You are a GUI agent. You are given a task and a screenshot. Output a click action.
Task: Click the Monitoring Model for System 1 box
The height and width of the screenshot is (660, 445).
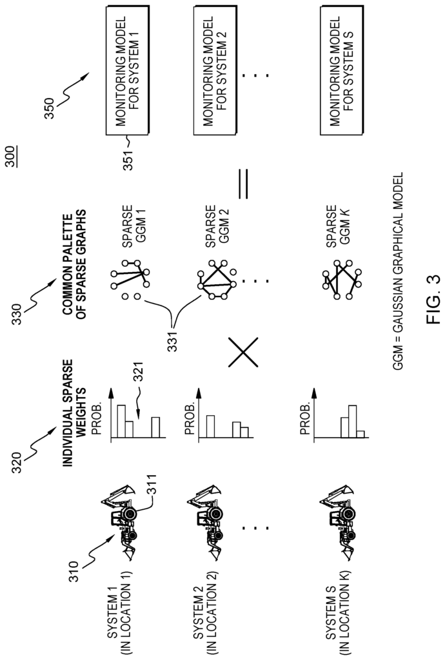click(127, 71)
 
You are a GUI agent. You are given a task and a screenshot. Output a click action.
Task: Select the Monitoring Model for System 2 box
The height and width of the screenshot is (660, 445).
click(215, 71)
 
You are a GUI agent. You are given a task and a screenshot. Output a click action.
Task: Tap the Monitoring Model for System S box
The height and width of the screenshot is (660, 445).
click(341, 71)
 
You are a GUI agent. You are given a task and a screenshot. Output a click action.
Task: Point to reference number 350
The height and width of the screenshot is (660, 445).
click(49, 108)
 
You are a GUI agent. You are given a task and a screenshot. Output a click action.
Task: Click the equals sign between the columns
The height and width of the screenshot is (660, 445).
click(243, 184)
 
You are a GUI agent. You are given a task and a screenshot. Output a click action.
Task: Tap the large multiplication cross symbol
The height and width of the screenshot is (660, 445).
click(243, 352)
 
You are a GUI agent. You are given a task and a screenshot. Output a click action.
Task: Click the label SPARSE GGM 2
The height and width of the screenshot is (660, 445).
click(215, 226)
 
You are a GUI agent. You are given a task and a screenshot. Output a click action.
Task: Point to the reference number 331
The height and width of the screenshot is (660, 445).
click(173, 340)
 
